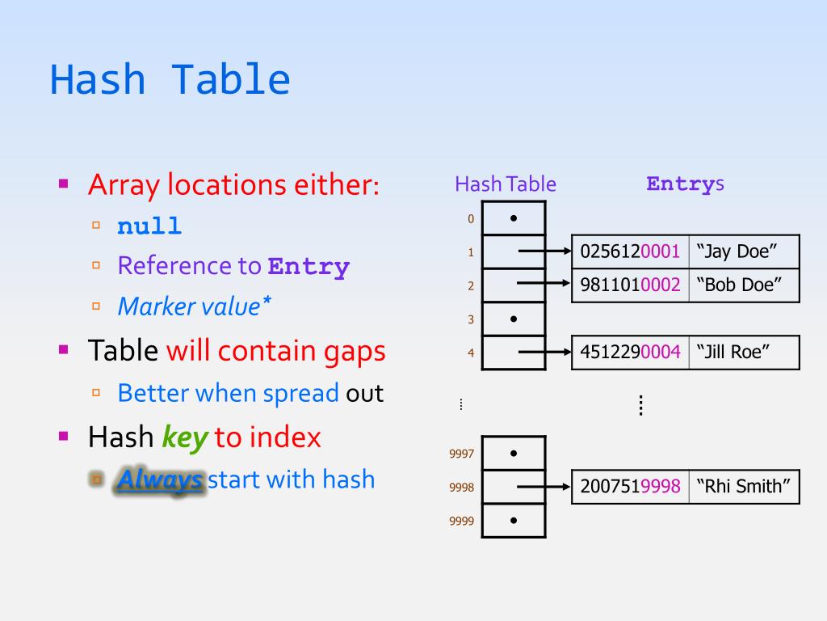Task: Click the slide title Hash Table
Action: tap(170, 80)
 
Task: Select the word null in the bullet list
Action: tap(149, 226)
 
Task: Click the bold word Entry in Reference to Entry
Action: tap(309, 266)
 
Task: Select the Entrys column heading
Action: tap(685, 184)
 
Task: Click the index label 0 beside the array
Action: tap(471, 218)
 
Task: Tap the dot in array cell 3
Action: tap(514, 319)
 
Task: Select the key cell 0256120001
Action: tap(630, 251)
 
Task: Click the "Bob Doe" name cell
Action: tap(744, 285)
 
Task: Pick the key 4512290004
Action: tap(630, 352)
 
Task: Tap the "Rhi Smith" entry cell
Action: tap(744, 487)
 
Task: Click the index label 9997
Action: tap(461, 454)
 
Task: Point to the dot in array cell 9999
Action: tap(514, 520)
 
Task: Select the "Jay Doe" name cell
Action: tap(744, 251)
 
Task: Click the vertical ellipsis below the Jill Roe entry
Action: tap(640, 404)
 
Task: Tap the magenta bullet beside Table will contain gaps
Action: tap(64, 349)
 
